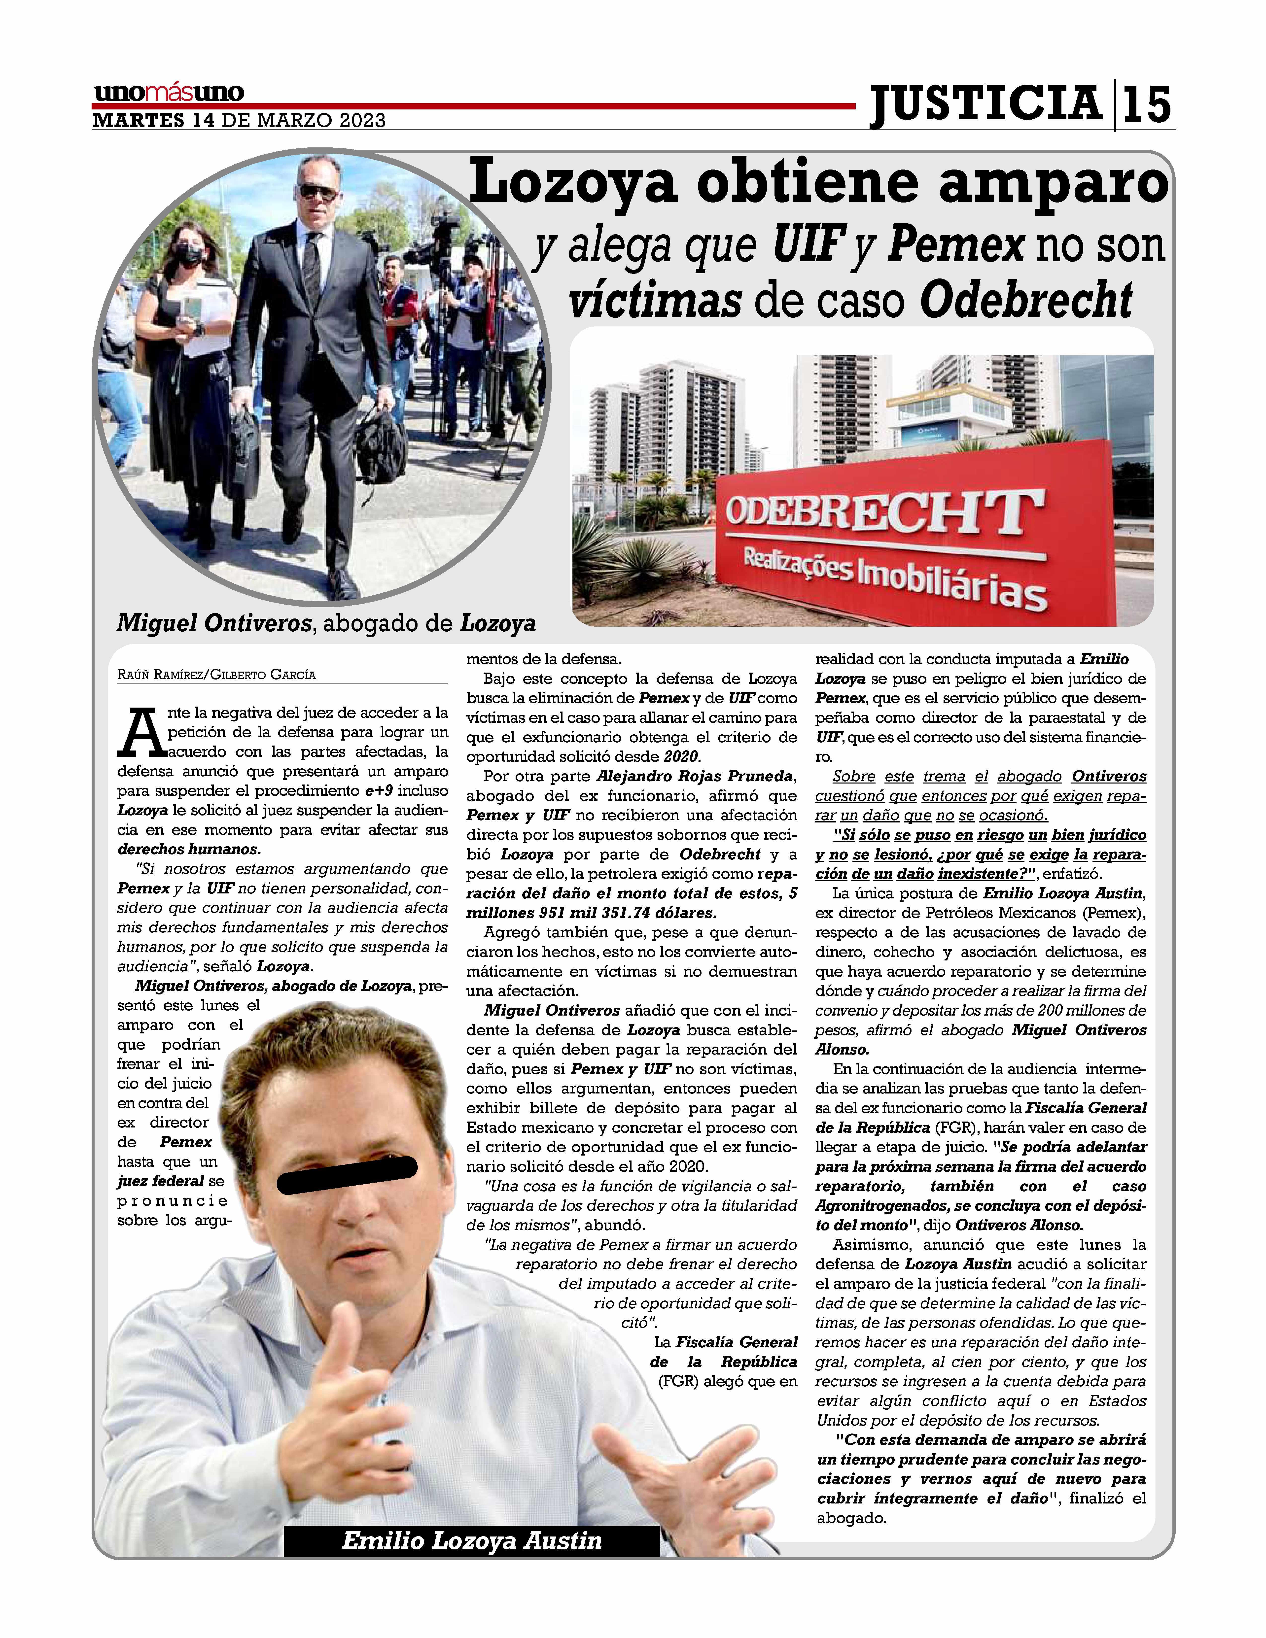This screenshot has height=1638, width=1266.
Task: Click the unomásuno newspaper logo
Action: click(x=169, y=93)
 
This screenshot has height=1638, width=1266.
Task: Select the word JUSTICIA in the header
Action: click(x=985, y=104)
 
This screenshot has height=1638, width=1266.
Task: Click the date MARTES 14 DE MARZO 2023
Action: click(x=239, y=121)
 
